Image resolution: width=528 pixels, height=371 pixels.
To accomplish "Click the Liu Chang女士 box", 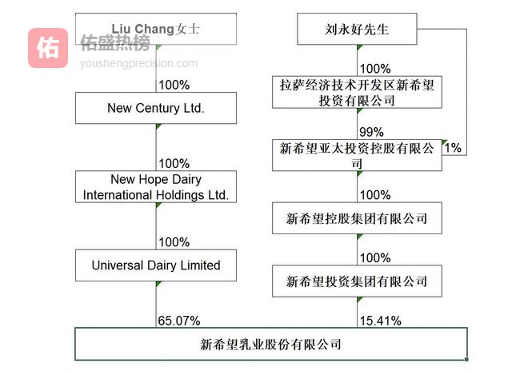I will click(156, 29).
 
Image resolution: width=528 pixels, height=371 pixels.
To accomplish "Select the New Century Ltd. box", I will click(156, 108).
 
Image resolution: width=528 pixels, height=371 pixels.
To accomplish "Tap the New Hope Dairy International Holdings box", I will click(156, 187).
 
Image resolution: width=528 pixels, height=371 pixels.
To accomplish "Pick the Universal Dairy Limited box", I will click(156, 265).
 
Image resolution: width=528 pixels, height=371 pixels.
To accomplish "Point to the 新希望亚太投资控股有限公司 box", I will click(357, 155).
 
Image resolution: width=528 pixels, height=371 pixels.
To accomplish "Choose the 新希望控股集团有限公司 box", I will click(357, 217).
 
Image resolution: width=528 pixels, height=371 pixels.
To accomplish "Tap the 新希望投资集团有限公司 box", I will click(357, 281).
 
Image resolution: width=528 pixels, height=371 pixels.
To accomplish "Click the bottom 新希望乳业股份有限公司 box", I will click(270, 345).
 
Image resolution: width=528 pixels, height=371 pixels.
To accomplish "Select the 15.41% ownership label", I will click(381, 321).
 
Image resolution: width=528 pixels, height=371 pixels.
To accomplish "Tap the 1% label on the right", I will click(453, 147).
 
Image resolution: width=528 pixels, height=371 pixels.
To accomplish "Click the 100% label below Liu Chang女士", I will click(174, 84).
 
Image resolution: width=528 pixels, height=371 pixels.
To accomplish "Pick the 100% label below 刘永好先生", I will click(376, 69).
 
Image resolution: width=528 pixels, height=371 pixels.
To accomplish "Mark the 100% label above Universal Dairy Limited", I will click(174, 242).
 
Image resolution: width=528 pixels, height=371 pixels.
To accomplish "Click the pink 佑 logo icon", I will click(48, 48).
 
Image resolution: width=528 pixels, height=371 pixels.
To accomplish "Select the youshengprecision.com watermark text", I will click(138, 63).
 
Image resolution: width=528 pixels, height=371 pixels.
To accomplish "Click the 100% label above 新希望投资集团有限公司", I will click(376, 258).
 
